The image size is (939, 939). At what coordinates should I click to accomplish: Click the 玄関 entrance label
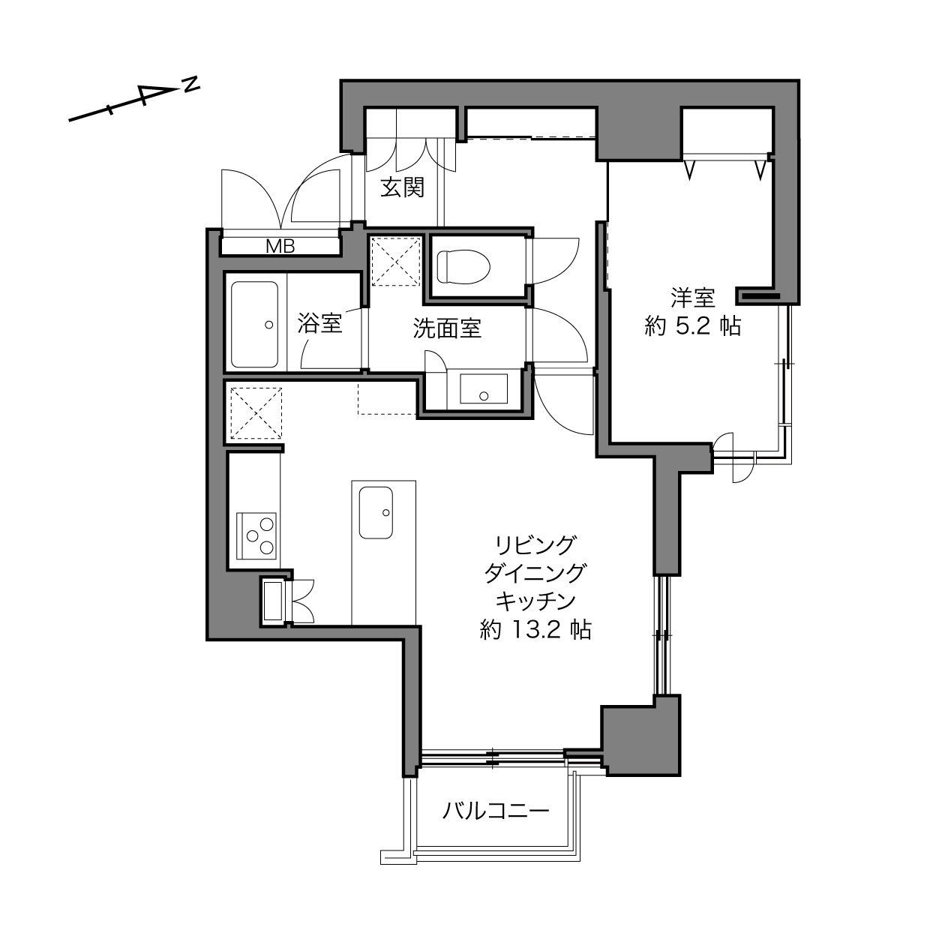tap(403, 187)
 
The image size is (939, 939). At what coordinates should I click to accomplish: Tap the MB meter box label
tap(280, 247)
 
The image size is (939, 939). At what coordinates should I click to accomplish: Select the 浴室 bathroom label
tap(319, 323)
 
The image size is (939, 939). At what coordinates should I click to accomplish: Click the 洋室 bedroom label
tap(692, 298)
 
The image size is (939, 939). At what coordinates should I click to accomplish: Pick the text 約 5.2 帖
tap(692, 326)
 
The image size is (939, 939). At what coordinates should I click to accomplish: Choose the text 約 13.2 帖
tap(535, 629)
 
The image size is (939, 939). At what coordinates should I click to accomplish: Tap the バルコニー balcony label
tap(496, 811)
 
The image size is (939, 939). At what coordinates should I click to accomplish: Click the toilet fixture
tap(463, 266)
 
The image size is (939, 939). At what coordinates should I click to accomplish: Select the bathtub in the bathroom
tap(255, 324)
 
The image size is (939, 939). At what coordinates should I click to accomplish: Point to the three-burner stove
tap(256, 535)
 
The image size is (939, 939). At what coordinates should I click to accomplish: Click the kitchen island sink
tap(376, 512)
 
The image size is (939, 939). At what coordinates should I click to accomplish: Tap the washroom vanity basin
tap(484, 388)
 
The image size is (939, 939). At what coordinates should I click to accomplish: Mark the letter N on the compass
tap(190, 84)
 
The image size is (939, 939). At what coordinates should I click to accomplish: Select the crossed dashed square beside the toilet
tap(396, 262)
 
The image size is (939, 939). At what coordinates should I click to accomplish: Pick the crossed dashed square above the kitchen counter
tap(256, 412)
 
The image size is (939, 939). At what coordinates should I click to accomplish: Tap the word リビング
tap(535, 545)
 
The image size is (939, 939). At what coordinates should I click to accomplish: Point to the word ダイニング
tap(535, 573)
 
